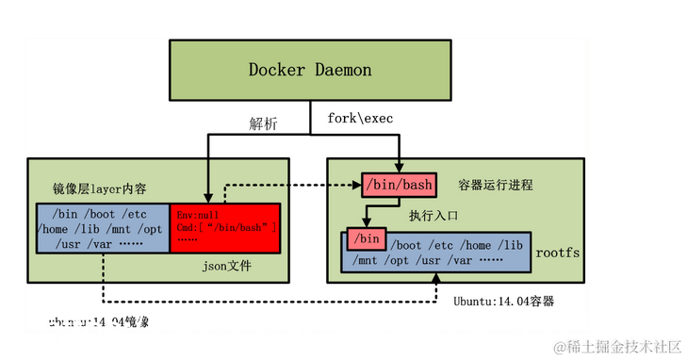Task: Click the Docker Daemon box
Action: point(309,71)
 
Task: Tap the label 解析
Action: point(263,124)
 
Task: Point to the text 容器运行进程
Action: point(495,185)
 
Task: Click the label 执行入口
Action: point(434,216)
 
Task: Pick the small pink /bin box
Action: point(366,237)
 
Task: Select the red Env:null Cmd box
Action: point(225,227)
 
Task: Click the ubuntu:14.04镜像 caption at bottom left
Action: point(98,322)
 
